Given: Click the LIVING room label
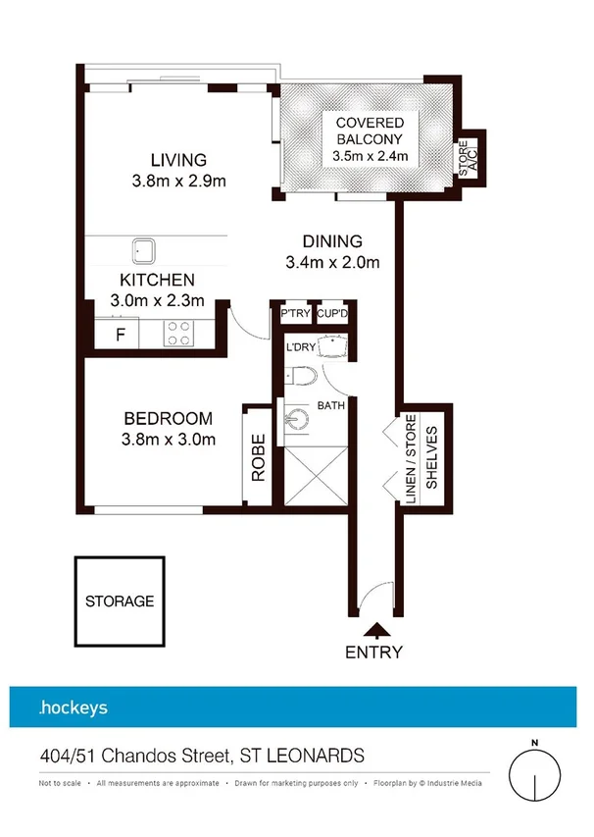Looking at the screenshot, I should coord(178,160).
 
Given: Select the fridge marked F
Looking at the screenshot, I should coord(121,334).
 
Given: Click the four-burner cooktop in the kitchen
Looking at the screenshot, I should coord(178,334).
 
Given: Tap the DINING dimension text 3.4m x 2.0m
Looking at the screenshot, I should coord(332,262).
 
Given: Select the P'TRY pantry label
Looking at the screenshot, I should coord(295,314).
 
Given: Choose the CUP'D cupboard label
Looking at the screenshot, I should coord(332,314).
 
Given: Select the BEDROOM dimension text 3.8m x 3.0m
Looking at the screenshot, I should coord(169,440).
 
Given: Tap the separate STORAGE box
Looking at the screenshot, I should coord(120,602).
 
